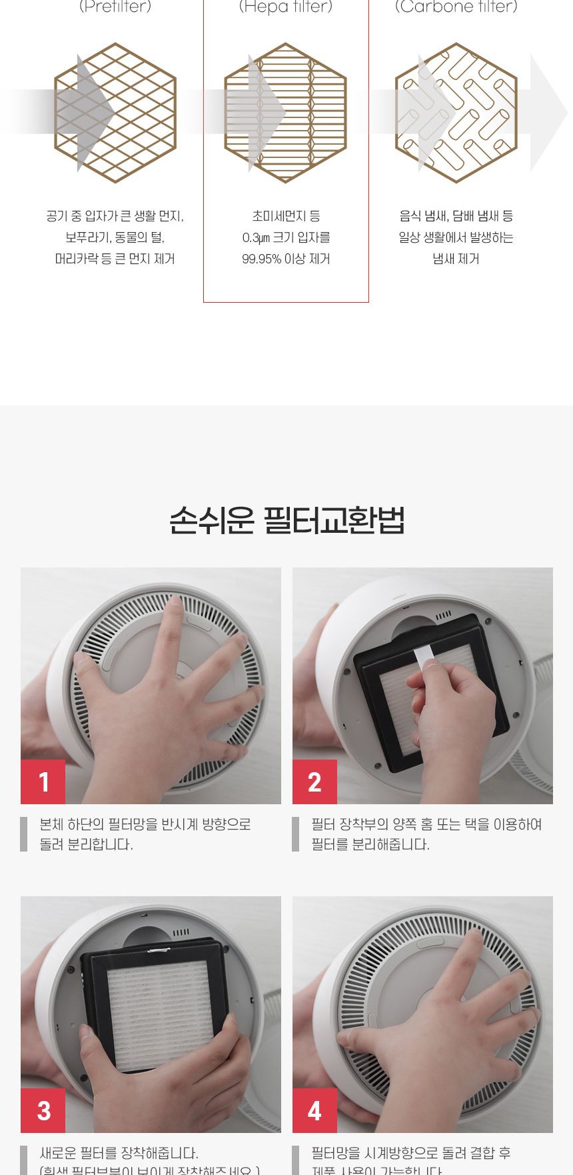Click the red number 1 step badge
(43, 782)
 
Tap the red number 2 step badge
(314, 782)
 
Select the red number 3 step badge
(43, 1110)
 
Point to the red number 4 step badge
(314, 1110)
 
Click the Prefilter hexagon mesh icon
(115, 113)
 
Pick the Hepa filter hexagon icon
(286, 113)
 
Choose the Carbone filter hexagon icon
(456, 113)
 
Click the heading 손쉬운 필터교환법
(286, 521)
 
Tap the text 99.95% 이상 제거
(286, 259)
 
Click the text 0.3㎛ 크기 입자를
(286, 237)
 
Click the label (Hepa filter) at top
(286, 7)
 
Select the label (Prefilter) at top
(115, 7)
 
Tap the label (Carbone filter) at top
(456, 7)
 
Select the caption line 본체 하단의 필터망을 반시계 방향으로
(145, 824)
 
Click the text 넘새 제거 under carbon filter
(456, 259)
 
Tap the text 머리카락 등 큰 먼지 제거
(115, 259)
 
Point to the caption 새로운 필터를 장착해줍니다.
(119, 1153)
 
